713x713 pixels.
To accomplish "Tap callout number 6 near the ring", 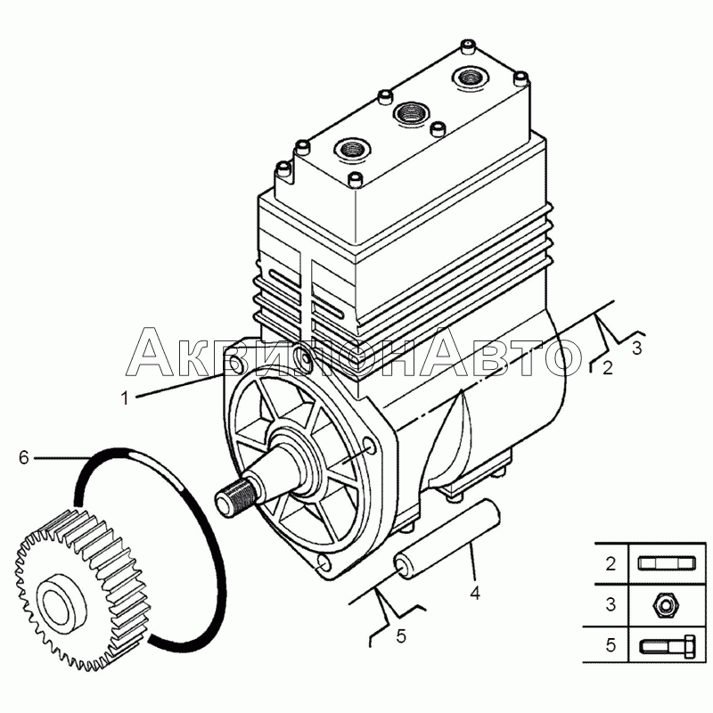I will tap(24, 457).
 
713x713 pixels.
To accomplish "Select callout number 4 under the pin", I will tap(475, 591).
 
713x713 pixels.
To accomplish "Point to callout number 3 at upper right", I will tap(636, 347).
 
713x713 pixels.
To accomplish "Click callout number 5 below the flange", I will tap(401, 635).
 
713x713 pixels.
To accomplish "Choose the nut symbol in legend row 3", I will tap(660, 605).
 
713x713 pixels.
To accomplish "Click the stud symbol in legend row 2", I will tap(660, 563).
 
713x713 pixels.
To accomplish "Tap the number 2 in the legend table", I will tap(611, 563).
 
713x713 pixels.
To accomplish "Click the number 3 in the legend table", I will tap(611, 605).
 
